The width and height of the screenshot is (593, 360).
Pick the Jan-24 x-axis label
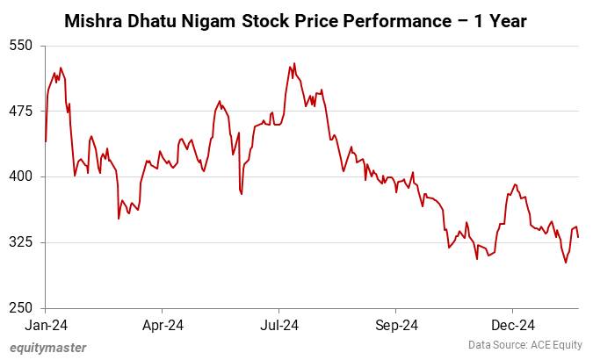point(46,326)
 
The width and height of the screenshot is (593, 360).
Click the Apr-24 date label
point(163,326)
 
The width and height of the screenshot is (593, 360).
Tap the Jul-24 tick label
point(279,326)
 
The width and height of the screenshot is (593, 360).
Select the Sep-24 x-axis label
point(396,326)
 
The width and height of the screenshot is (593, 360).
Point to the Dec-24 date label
point(513,326)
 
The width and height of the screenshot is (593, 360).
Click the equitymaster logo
point(48,348)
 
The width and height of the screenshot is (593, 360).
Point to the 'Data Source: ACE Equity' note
point(524,345)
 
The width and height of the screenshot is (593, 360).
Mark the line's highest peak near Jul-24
point(294,63)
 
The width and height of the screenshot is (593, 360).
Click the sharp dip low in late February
point(119,219)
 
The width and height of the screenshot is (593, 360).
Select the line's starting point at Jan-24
point(46,141)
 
